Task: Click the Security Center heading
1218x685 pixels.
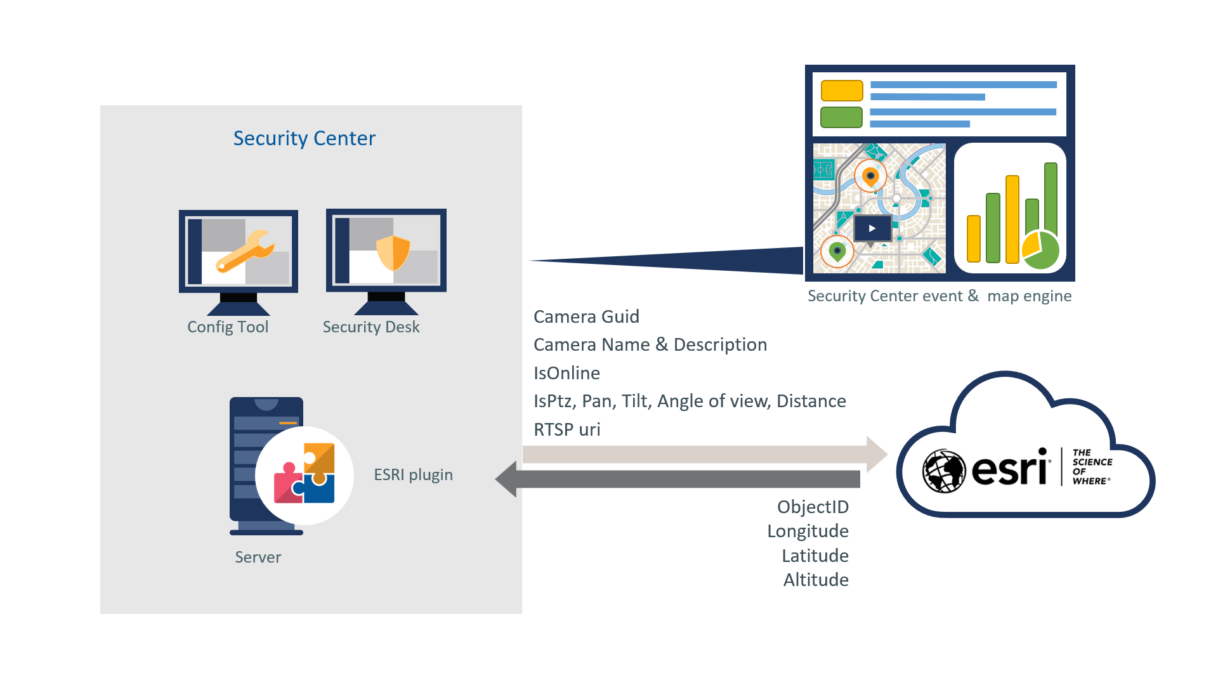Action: pos(304,138)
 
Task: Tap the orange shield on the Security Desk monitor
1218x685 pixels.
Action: pos(393,252)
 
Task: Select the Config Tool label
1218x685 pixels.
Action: pos(228,327)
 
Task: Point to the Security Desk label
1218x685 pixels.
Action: pos(371,327)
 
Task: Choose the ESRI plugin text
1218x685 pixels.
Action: pos(413,474)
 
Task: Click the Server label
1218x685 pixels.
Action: pos(258,557)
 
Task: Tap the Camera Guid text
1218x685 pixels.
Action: pos(586,316)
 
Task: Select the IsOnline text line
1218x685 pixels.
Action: pos(566,373)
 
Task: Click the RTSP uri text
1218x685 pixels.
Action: pos(566,429)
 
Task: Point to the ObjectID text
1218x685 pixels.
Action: pos(813,507)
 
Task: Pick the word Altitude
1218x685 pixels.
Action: pos(816,580)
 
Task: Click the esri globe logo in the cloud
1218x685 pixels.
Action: pos(943,471)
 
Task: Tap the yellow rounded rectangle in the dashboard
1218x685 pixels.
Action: pos(842,91)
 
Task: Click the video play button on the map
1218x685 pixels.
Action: pos(872,228)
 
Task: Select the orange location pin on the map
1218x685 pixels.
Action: pos(870,176)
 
